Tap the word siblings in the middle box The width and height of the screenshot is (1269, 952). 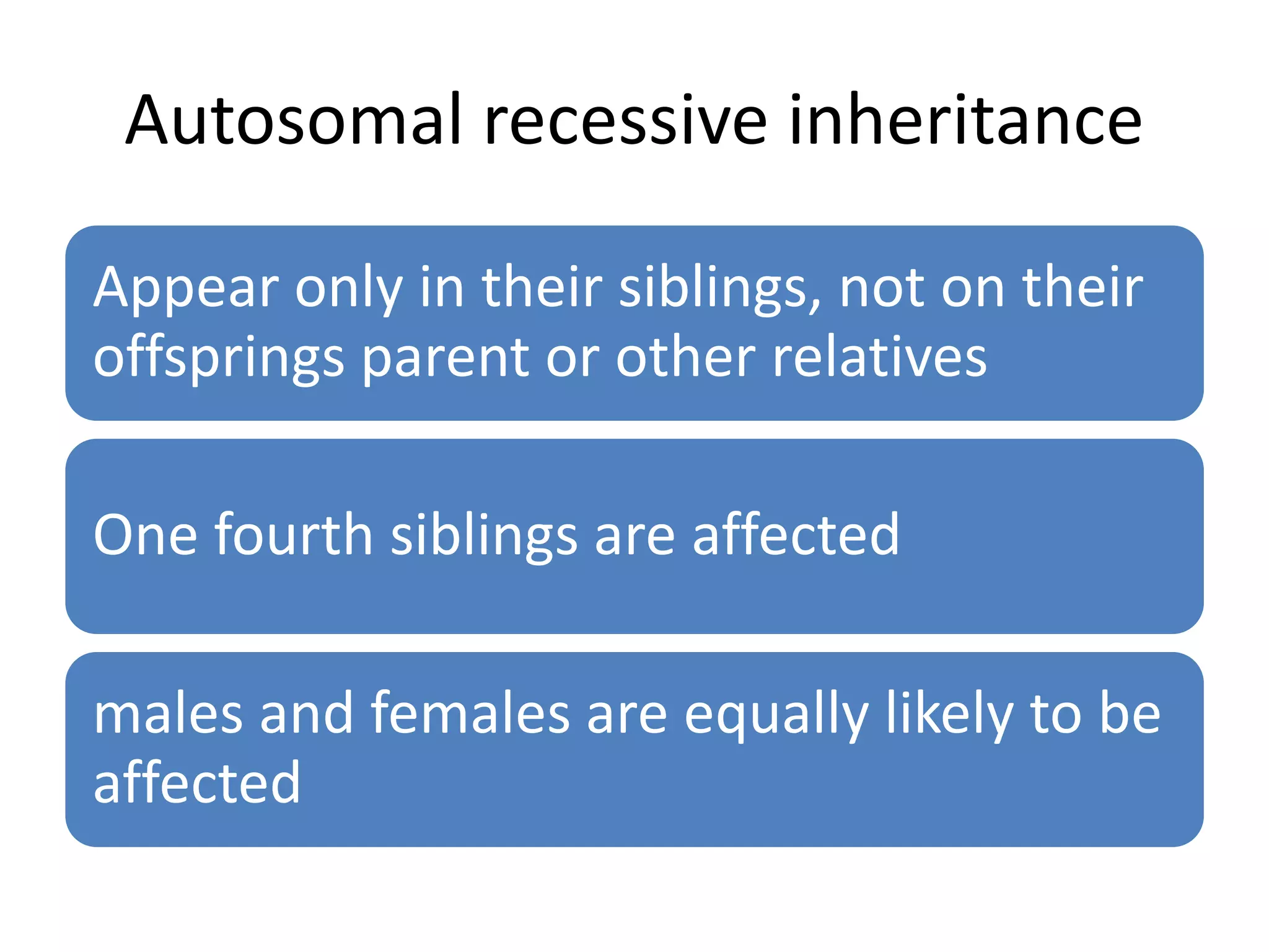click(x=484, y=537)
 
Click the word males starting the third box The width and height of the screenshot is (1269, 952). click(x=168, y=714)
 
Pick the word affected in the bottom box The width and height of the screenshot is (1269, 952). click(x=197, y=782)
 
